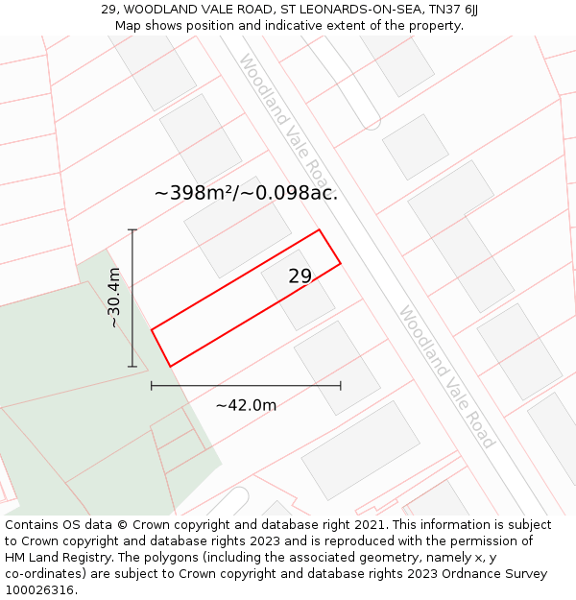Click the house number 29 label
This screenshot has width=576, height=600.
[x=300, y=276]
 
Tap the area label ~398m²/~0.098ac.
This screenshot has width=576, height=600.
[x=246, y=193]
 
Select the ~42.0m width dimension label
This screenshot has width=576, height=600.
[x=246, y=405]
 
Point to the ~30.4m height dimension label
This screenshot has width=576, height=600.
[x=114, y=299]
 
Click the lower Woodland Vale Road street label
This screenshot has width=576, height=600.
[x=447, y=376]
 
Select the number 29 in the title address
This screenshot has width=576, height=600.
[x=108, y=10]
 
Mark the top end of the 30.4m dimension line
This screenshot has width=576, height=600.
[x=132, y=230]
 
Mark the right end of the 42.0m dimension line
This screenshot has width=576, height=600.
[x=341, y=386]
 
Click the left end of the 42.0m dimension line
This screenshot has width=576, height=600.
[x=152, y=386]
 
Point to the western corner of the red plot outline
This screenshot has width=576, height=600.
[x=152, y=330]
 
